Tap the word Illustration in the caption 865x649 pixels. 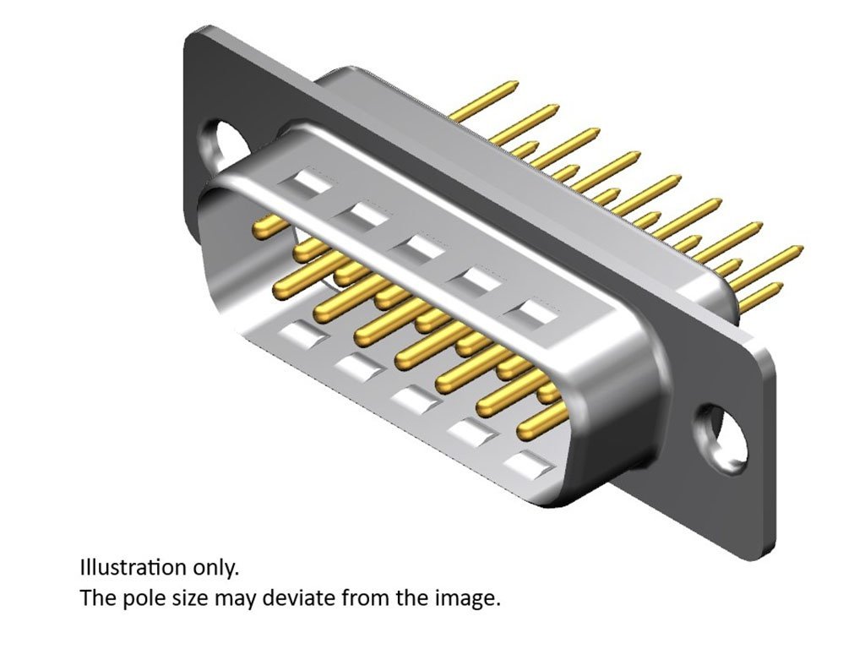pyautogui.click(x=133, y=567)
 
